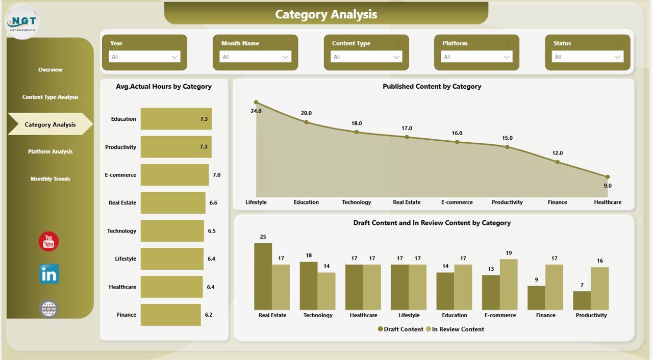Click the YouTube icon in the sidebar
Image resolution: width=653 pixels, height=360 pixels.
tap(48, 242)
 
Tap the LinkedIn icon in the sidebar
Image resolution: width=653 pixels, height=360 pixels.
tap(49, 274)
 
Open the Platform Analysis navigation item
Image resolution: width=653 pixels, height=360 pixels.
tap(50, 151)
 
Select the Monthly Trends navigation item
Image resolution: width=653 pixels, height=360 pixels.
tap(50, 179)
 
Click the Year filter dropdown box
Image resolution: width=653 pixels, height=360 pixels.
tap(144, 57)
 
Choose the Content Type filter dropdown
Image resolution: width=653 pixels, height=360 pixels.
tap(366, 57)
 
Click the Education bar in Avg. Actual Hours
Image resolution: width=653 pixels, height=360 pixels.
tap(176, 119)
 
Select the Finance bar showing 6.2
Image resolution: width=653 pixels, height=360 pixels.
tap(170, 315)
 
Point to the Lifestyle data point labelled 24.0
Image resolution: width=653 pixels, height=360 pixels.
tap(256, 102)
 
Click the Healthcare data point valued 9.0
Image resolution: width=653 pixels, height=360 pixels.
tap(607, 177)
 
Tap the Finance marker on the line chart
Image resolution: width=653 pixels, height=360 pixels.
tap(557, 162)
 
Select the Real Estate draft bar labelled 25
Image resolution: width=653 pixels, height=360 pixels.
tap(263, 276)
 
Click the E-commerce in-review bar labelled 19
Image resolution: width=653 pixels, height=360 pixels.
tap(509, 284)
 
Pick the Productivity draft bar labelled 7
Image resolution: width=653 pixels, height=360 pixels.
tap(582, 300)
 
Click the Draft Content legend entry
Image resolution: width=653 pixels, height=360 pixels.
tap(401, 329)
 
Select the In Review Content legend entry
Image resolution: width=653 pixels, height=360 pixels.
tap(455, 329)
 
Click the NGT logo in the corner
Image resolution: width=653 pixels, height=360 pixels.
tap(22, 21)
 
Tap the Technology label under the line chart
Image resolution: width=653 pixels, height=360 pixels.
tap(357, 202)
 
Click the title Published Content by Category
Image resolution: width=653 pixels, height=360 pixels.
tap(432, 87)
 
